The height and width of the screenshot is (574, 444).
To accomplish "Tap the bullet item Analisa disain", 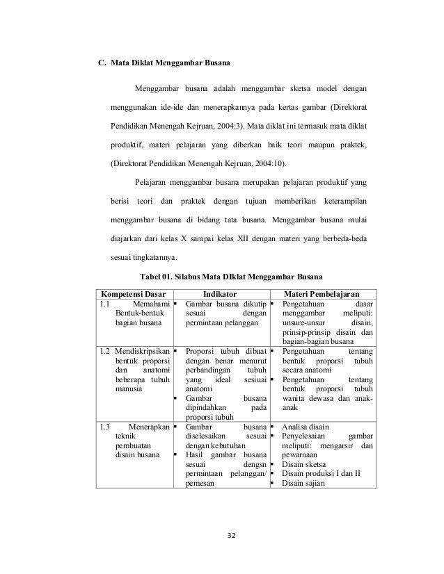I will pos(306,426).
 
